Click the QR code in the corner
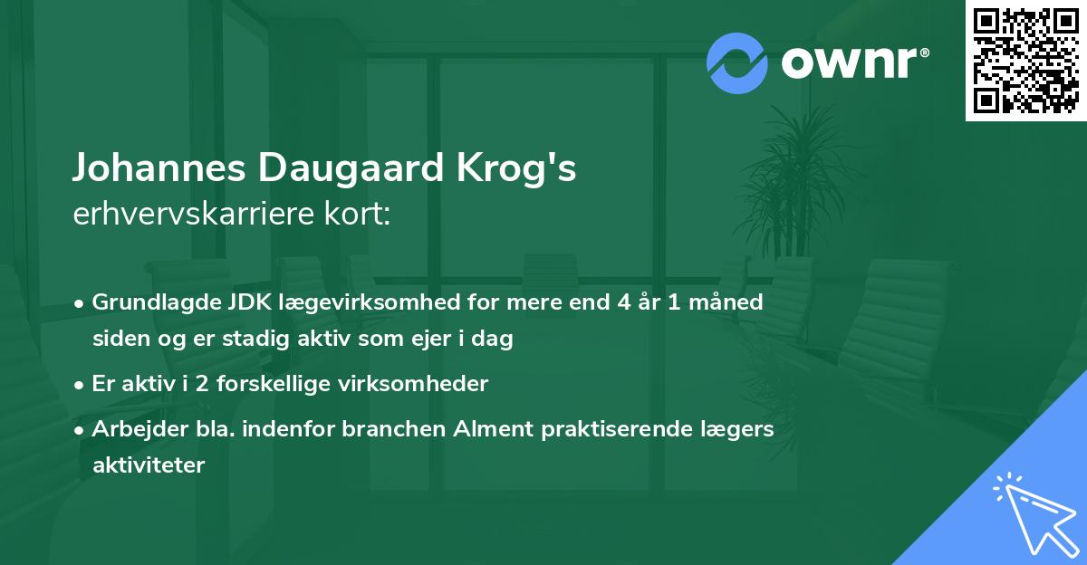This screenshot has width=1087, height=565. coord(1026,60)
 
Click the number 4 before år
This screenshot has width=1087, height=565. coord(624,302)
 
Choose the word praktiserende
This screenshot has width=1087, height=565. coord(624,429)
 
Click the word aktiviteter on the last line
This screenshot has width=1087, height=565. coord(149,465)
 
